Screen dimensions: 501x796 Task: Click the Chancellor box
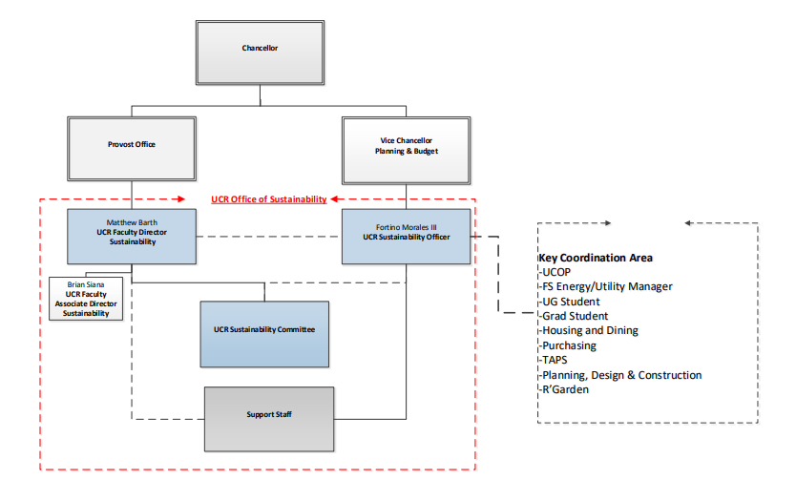click(260, 49)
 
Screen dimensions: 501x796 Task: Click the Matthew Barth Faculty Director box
click(132, 236)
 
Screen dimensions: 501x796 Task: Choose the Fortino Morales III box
click(407, 236)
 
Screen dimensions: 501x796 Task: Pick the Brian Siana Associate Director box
click(86, 299)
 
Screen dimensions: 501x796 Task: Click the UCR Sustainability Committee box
click(264, 330)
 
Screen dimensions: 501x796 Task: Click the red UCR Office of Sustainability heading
click(269, 199)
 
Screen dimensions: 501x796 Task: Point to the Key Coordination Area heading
click(596, 258)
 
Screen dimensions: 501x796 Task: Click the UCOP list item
click(558, 272)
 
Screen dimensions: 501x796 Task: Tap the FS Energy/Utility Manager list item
click(607, 286)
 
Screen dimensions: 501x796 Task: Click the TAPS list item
click(555, 361)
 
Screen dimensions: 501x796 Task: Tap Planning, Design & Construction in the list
click(621, 375)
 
